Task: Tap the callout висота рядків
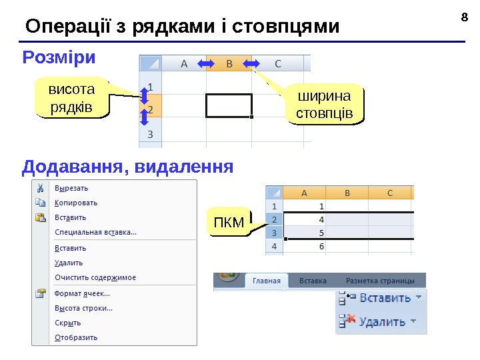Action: [71, 98]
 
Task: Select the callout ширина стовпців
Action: [324, 105]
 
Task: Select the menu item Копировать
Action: [75, 203]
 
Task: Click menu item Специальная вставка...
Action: [95, 232]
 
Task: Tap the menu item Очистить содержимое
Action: [95, 277]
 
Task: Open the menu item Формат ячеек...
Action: [82, 293]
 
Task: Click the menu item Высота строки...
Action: [83, 308]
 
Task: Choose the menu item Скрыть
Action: [67, 323]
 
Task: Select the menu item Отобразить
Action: [75, 337]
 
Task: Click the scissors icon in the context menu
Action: [41, 188]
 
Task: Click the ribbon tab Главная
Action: [266, 281]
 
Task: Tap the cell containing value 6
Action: [305, 246]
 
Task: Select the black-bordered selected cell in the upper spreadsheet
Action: [229, 105]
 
